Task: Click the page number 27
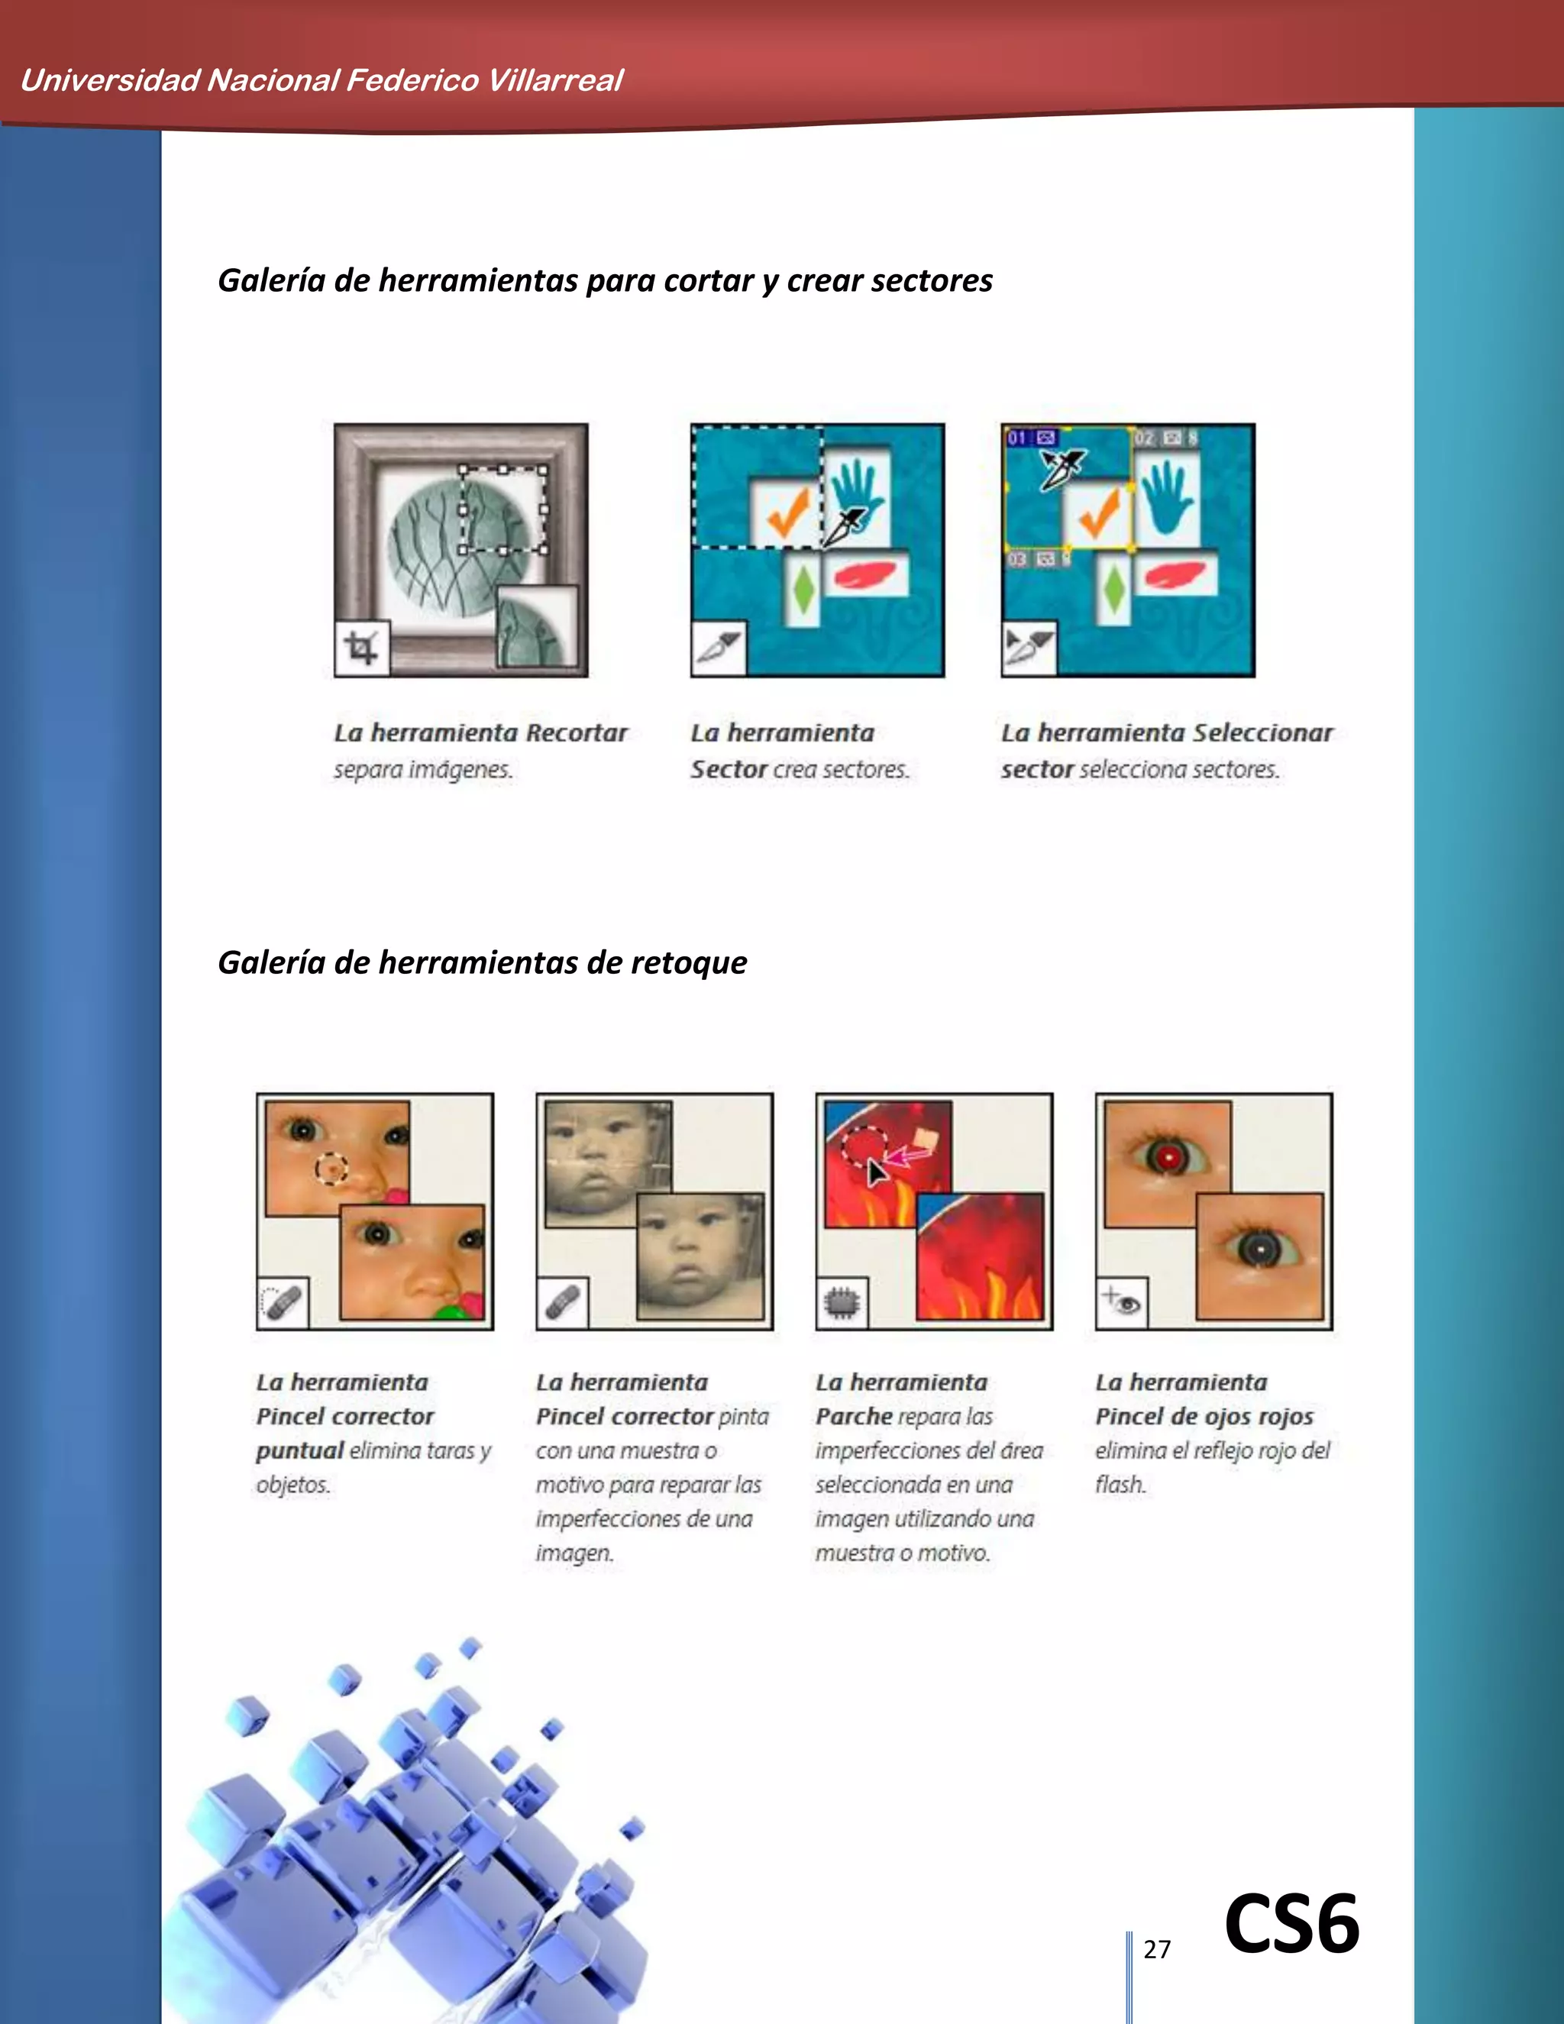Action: [x=1156, y=1948]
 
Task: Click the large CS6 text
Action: [x=1291, y=1924]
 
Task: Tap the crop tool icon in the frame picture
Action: [x=361, y=648]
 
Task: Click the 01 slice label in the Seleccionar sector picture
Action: [x=1017, y=438]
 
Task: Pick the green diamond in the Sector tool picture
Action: [x=803, y=590]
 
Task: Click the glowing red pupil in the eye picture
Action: [x=1169, y=1156]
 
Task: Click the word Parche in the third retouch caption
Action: [x=853, y=1417]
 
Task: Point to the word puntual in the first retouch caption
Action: [x=299, y=1451]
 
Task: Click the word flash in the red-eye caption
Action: [x=1120, y=1485]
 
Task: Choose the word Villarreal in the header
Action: [x=555, y=81]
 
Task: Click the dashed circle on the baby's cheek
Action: [x=331, y=1169]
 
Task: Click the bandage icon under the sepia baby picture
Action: [x=562, y=1302]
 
